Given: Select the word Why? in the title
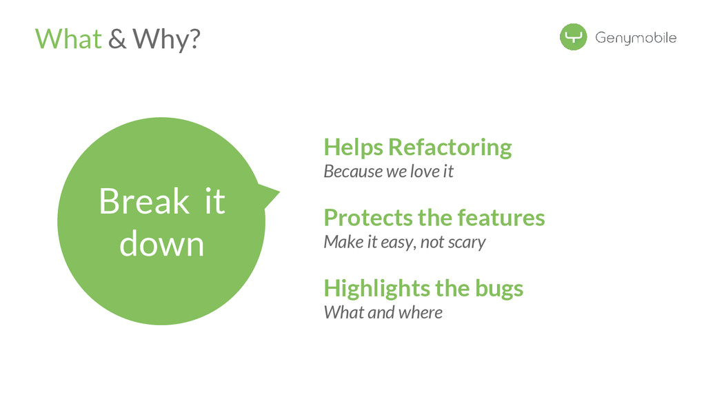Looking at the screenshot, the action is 166,39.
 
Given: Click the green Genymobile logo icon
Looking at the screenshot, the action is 573,37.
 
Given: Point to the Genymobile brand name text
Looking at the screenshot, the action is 636,38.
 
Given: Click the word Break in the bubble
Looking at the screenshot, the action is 143,201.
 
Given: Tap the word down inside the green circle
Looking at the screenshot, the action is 162,245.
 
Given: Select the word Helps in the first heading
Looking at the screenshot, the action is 353,147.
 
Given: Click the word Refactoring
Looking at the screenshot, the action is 450,147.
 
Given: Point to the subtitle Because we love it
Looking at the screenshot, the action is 388,172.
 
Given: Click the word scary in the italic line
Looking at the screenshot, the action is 467,243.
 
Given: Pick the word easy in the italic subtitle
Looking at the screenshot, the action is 396,243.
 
